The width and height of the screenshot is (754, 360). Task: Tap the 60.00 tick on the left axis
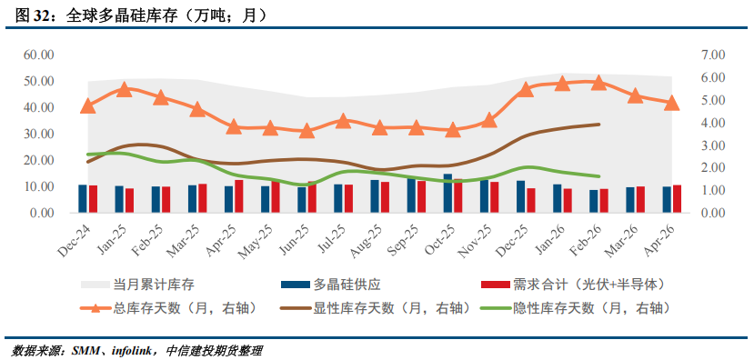tap(38, 55)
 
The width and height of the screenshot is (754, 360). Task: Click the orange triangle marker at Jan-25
tap(125, 89)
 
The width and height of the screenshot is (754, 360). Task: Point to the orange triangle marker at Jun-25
tap(307, 131)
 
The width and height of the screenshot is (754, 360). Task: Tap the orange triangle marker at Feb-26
tap(598, 82)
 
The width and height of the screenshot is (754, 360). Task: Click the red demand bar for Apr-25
tap(239, 196)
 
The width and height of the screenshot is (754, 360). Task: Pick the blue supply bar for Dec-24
tap(83, 199)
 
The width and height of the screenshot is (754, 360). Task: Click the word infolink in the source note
tap(134, 350)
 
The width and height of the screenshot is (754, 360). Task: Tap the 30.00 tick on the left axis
tap(38, 135)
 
